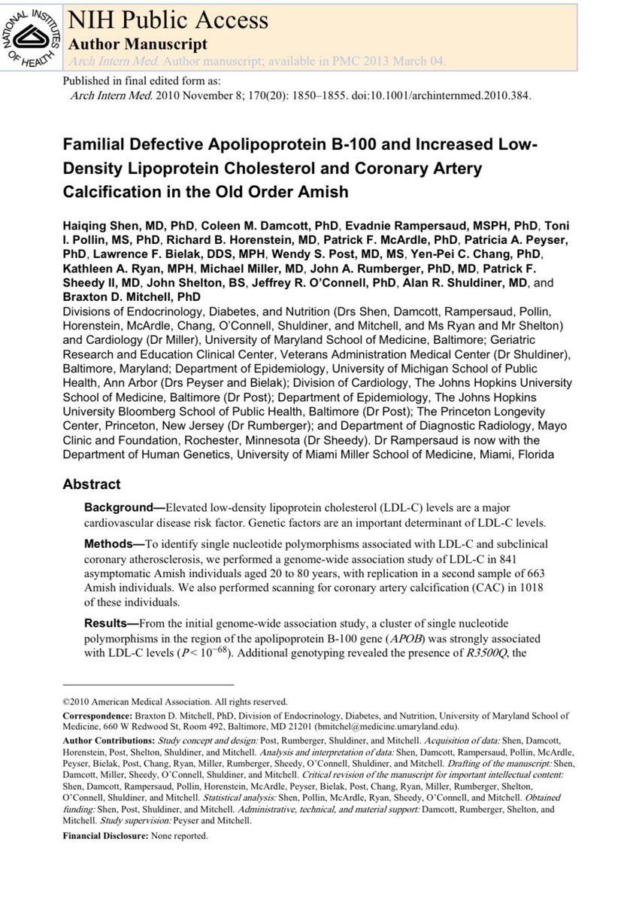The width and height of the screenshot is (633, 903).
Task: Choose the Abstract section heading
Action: coord(91,485)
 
